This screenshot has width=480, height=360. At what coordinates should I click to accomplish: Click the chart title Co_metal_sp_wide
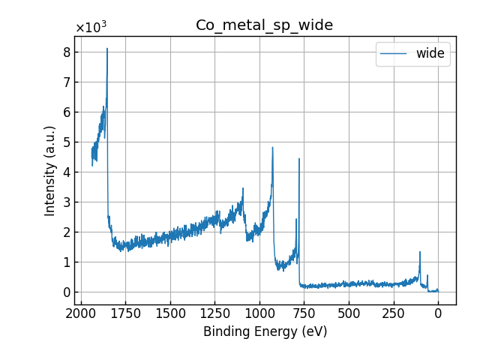(264, 25)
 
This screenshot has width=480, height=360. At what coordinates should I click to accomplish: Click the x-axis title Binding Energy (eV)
(265, 331)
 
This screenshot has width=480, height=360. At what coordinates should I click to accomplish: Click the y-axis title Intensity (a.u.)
(50, 171)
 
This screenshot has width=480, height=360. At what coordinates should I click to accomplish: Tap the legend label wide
(430, 53)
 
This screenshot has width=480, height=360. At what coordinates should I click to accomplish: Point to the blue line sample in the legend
(394, 53)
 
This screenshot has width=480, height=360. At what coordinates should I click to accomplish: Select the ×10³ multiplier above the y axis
(91, 28)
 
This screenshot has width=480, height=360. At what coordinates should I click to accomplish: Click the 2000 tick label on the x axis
(81, 312)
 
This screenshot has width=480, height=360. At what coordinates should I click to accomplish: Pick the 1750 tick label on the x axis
(125, 312)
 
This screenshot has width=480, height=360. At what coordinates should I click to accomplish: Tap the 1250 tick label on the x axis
(214, 312)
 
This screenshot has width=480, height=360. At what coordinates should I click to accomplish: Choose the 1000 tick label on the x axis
(259, 312)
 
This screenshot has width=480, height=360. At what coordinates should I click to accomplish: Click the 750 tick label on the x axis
(304, 312)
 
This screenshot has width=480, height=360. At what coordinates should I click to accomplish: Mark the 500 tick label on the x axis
(349, 312)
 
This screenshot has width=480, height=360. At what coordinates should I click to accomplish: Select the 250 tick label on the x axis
(393, 312)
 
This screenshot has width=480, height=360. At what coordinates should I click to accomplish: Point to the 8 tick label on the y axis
(66, 52)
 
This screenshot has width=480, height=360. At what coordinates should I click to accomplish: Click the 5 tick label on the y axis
(66, 142)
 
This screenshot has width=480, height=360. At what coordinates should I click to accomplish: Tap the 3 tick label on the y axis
(66, 202)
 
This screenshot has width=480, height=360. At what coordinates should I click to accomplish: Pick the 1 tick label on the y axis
(66, 262)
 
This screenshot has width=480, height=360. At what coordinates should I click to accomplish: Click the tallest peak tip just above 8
(107, 49)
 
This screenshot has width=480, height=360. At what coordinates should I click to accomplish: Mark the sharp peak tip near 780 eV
(299, 158)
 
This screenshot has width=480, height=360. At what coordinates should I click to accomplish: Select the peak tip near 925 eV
(272, 147)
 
